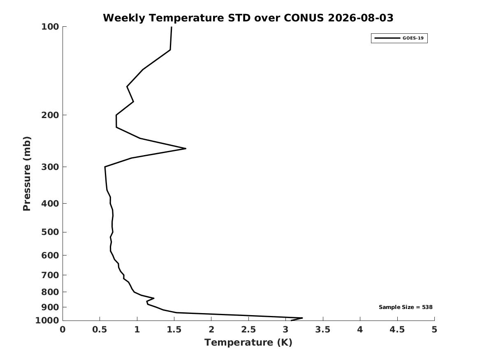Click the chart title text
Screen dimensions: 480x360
pos(248,18)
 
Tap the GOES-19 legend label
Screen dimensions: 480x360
pos(413,38)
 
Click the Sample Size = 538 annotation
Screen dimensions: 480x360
pos(406,307)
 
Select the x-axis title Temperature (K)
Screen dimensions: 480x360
pos(248,342)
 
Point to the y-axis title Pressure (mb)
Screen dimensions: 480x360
pos(27,174)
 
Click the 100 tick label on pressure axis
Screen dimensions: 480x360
pos(50,27)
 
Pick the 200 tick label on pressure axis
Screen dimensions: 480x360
pos(50,115)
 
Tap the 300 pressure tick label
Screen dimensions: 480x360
pos(50,167)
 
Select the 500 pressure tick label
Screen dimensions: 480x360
pos(50,232)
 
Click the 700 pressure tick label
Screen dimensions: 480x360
pos(50,275)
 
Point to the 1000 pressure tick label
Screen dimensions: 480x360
pos(47,321)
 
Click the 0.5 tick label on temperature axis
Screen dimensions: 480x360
pos(100,330)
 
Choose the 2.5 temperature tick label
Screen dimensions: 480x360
pos(248,330)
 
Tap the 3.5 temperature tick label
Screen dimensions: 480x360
pos(322,330)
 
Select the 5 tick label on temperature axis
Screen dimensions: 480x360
pos(434,330)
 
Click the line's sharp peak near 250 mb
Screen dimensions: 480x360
pos(186,149)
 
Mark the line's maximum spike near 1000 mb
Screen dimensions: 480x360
pos(302,318)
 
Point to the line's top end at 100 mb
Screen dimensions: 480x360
pos(172,27)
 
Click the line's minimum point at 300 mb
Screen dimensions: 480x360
pos(105,167)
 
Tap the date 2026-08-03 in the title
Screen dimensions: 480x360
pos(361,18)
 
